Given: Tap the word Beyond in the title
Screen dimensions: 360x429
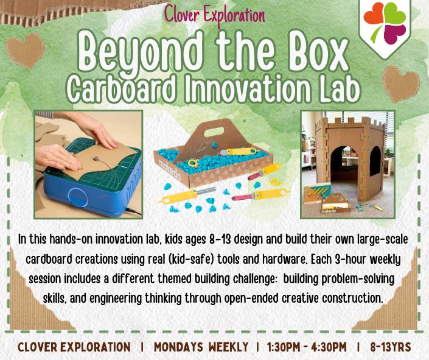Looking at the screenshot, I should pos(142,54).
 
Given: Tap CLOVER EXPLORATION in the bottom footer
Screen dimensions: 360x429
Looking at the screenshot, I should pos(74,347).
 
